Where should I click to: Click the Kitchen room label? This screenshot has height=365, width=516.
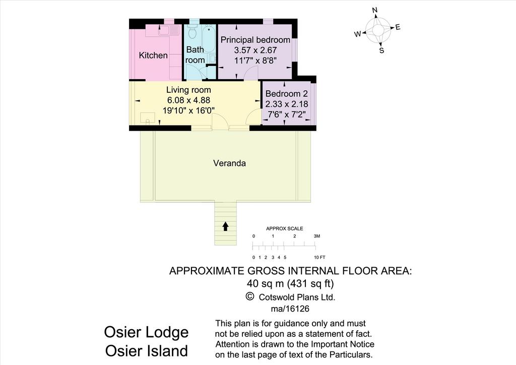[x=153, y=55]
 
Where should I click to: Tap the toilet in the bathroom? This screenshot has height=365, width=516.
[x=193, y=32]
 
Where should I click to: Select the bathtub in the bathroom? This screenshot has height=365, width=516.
[x=209, y=38]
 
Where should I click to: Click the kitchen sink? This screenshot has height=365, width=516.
[x=168, y=30]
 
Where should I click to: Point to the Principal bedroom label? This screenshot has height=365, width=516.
[x=255, y=40]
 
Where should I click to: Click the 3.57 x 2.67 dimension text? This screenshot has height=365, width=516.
[x=255, y=50]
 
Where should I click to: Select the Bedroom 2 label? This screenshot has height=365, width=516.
[x=286, y=94]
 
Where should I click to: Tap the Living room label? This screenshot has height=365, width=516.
[x=188, y=90]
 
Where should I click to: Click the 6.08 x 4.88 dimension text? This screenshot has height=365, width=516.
[x=188, y=100]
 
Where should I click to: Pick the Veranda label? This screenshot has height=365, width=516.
[x=229, y=163]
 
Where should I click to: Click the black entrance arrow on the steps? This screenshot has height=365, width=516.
[x=225, y=226]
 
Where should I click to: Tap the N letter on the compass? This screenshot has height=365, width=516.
[x=375, y=11]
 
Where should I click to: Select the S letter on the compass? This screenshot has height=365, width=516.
[x=382, y=50]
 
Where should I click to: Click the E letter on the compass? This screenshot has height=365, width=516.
[x=398, y=27]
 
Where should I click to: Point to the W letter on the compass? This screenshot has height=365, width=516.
[x=358, y=34]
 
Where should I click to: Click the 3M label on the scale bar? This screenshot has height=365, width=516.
[x=316, y=236]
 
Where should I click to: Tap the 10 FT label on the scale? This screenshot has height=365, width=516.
[x=319, y=258]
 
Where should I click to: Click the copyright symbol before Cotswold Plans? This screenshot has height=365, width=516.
[x=250, y=296]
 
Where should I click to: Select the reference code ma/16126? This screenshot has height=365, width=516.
[x=290, y=309]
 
